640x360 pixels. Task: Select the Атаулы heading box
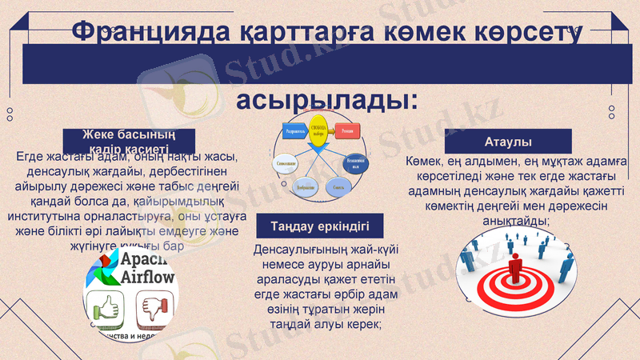point(508,142)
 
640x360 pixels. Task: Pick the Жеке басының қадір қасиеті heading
point(129,140)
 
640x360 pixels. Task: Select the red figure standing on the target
point(514,270)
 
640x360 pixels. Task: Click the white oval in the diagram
point(289,165)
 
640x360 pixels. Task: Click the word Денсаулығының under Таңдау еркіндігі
point(287,250)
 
